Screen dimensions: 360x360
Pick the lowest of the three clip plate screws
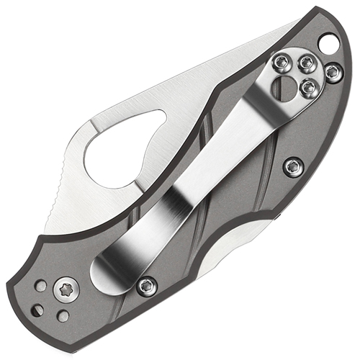[x=308, y=86]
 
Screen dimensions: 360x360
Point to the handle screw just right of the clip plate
[x=332, y=72]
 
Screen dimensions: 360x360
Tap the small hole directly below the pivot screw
[x=63, y=315]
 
